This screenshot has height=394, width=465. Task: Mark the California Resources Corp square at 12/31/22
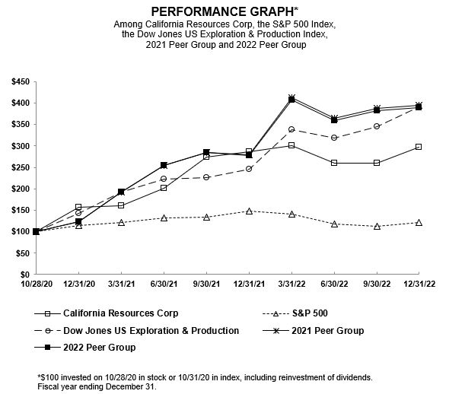(418, 147)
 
